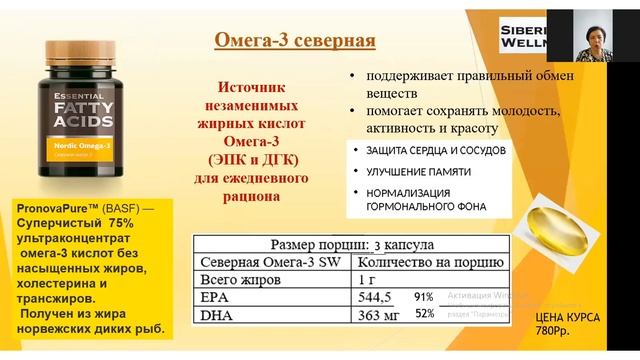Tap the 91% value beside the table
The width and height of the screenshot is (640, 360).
click(424, 297)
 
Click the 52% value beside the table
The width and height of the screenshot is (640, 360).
click(424, 314)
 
